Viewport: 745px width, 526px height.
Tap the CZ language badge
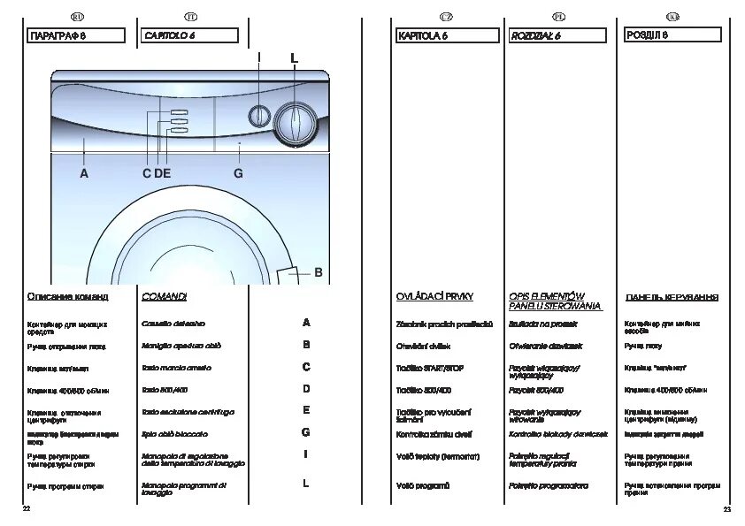tap(446, 17)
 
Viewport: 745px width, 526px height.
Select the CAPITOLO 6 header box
tap(189, 35)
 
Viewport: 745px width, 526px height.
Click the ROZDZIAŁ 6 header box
tap(558, 35)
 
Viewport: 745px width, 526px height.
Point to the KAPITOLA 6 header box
tap(445, 35)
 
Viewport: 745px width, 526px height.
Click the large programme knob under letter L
tap(293, 123)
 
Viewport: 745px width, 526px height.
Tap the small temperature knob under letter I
tap(258, 116)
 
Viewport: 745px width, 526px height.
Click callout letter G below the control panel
tap(238, 174)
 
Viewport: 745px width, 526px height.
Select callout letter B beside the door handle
tap(318, 271)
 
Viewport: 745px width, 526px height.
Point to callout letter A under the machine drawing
tap(84, 174)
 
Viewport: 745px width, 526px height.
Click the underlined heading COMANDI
tap(164, 296)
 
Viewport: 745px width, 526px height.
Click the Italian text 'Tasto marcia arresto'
tap(176, 367)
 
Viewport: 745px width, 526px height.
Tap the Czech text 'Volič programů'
tap(423, 485)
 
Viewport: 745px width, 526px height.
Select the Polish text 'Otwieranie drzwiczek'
tap(546, 346)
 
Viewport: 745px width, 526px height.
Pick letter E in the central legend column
tap(306, 410)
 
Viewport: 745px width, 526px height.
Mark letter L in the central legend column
tap(306, 484)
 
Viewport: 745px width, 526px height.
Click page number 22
tap(27, 510)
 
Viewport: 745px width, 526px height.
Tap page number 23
tap(726, 510)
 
